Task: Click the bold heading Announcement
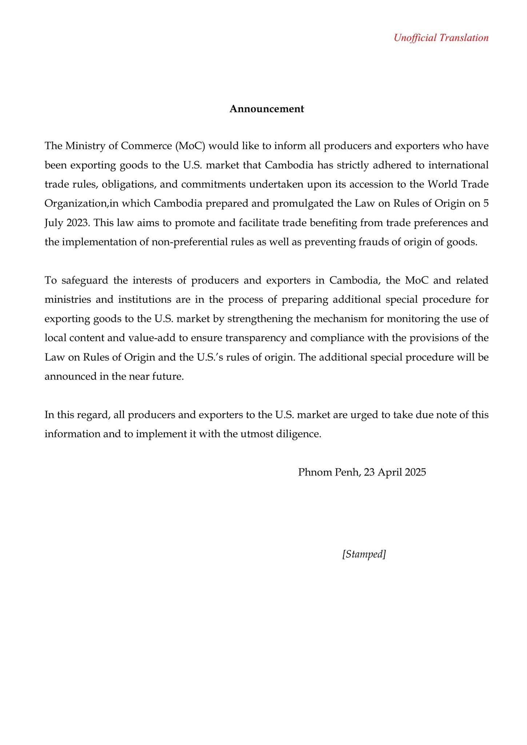pyautogui.click(x=267, y=109)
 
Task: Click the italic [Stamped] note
pyautogui.click(x=364, y=554)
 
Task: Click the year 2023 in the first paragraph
pyautogui.click(x=78, y=222)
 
